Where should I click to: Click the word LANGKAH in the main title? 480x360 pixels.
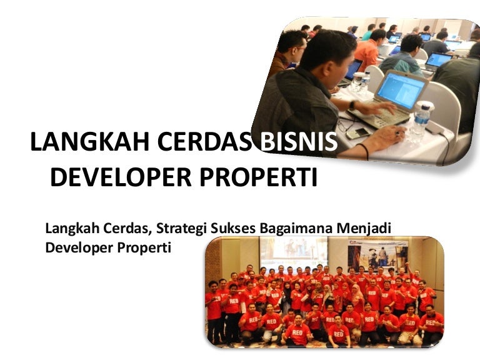[90, 142]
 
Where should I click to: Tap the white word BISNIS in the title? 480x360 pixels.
[299, 142]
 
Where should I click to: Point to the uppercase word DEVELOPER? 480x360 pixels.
[121, 177]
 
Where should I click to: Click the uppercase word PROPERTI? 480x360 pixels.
[258, 177]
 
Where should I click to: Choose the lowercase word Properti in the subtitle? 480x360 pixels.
[144, 248]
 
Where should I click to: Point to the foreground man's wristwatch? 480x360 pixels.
[352, 105]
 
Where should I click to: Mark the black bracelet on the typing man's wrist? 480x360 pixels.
[364, 151]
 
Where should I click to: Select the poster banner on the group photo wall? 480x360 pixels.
[378, 255]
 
